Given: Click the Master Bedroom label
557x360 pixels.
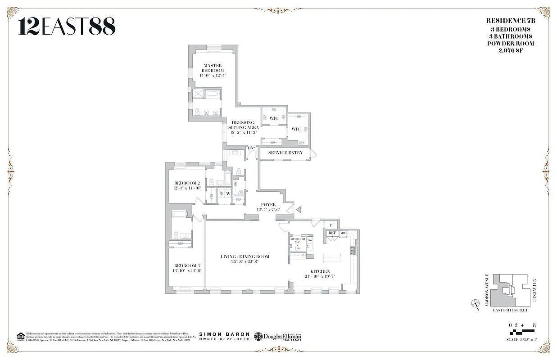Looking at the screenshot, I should pos(212,68).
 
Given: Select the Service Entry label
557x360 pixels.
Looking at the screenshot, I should pos(285,153).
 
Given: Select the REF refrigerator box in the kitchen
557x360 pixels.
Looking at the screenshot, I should pos(332,233).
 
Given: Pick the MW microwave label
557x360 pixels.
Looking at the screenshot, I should pos(343,233).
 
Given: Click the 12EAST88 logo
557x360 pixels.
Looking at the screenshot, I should pos(67,27).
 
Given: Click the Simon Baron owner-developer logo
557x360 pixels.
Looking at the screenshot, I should pos(224,336).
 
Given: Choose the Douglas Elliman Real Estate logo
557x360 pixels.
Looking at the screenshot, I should pos(278,337).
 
